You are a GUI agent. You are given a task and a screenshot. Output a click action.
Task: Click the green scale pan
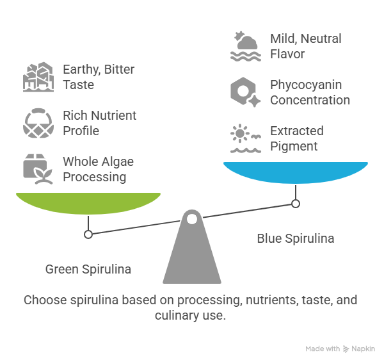(x=88, y=203)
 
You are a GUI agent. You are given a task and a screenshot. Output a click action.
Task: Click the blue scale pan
(x=296, y=172)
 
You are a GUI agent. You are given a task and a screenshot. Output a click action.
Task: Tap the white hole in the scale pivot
(x=192, y=219)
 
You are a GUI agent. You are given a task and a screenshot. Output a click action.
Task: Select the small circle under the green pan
(x=88, y=234)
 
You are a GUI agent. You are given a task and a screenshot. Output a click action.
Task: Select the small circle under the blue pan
(x=296, y=204)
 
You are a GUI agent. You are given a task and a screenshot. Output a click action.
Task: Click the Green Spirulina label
(x=88, y=269)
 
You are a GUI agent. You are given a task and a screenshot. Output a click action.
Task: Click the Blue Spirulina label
(x=296, y=238)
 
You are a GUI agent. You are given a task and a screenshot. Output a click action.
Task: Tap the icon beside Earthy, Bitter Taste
(x=38, y=77)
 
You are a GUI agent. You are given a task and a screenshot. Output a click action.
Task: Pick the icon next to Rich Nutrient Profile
(x=38, y=123)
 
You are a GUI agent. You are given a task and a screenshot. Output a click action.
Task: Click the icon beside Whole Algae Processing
(x=38, y=169)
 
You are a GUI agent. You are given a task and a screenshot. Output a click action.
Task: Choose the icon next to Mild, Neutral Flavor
(x=246, y=46)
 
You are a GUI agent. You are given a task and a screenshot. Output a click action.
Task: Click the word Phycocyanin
(x=306, y=85)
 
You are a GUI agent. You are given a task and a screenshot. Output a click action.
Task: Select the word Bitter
(x=119, y=69)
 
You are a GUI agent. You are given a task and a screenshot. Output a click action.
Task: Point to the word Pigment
(x=294, y=147)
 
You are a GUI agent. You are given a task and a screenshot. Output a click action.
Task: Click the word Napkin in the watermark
(x=363, y=348)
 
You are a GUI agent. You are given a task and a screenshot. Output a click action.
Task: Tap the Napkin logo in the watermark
(x=346, y=348)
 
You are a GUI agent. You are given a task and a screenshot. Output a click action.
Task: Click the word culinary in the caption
(x=177, y=315)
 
